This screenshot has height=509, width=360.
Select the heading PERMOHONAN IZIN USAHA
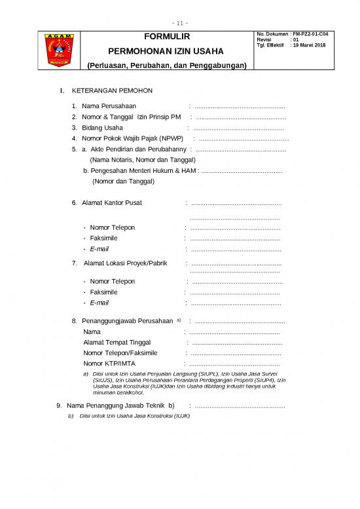166,50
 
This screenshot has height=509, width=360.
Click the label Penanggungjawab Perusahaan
127,321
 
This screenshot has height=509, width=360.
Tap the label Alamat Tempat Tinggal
117,342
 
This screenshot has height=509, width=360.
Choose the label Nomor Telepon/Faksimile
120,352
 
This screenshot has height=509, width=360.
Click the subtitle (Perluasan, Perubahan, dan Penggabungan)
166,66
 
